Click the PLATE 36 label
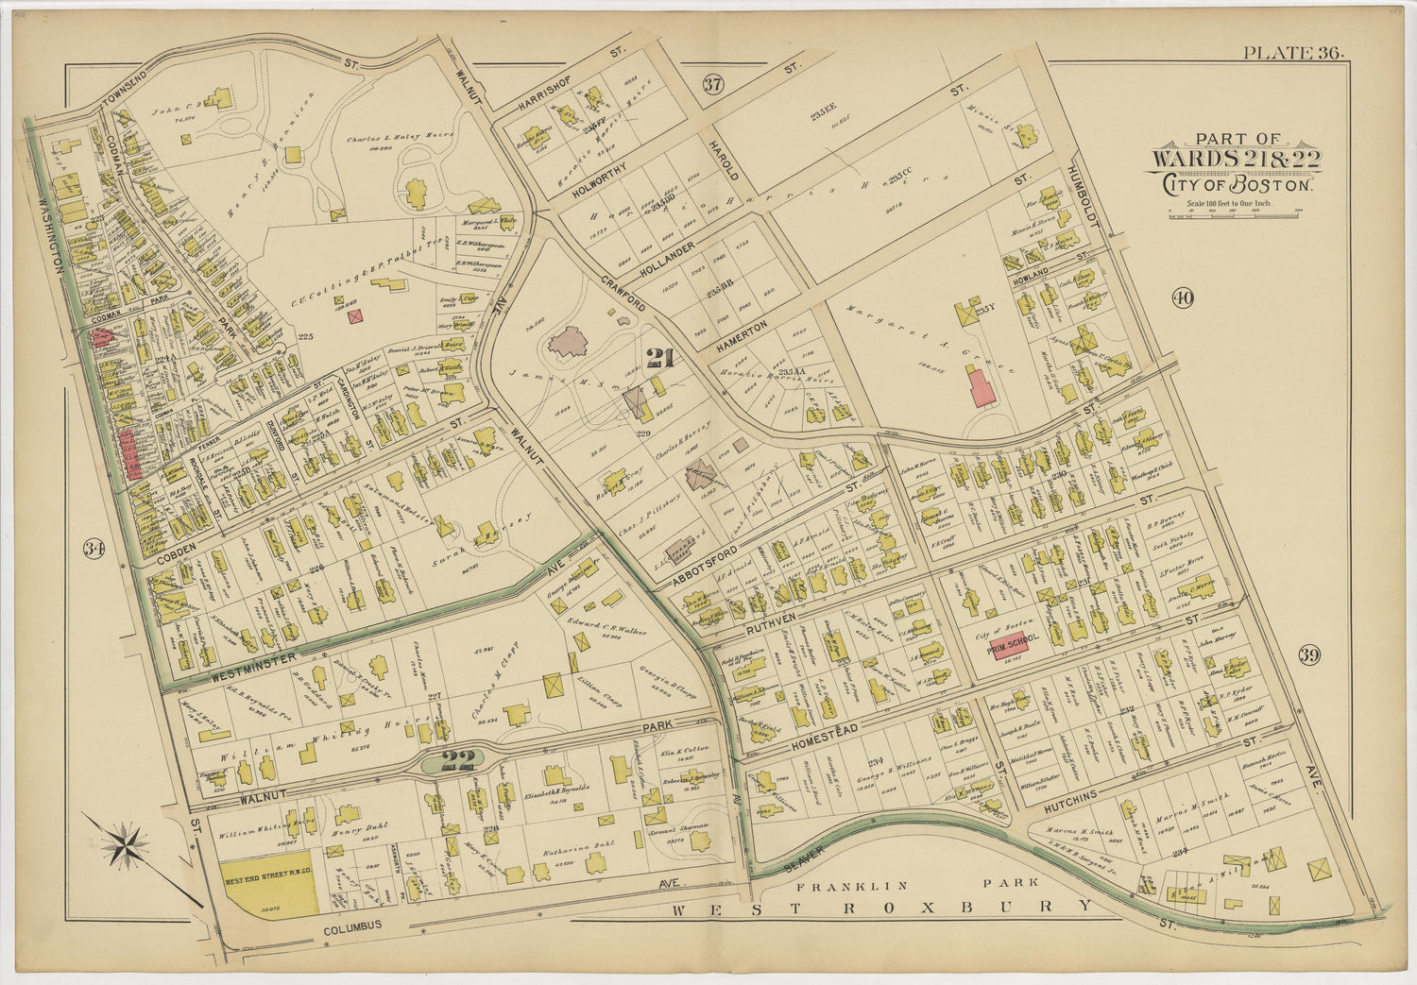[1293, 53]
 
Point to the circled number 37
[713, 84]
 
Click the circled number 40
[1182, 298]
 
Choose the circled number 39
[1308, 654]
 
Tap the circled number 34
[92, 549]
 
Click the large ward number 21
[659, 358]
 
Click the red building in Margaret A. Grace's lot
[982, 387]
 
